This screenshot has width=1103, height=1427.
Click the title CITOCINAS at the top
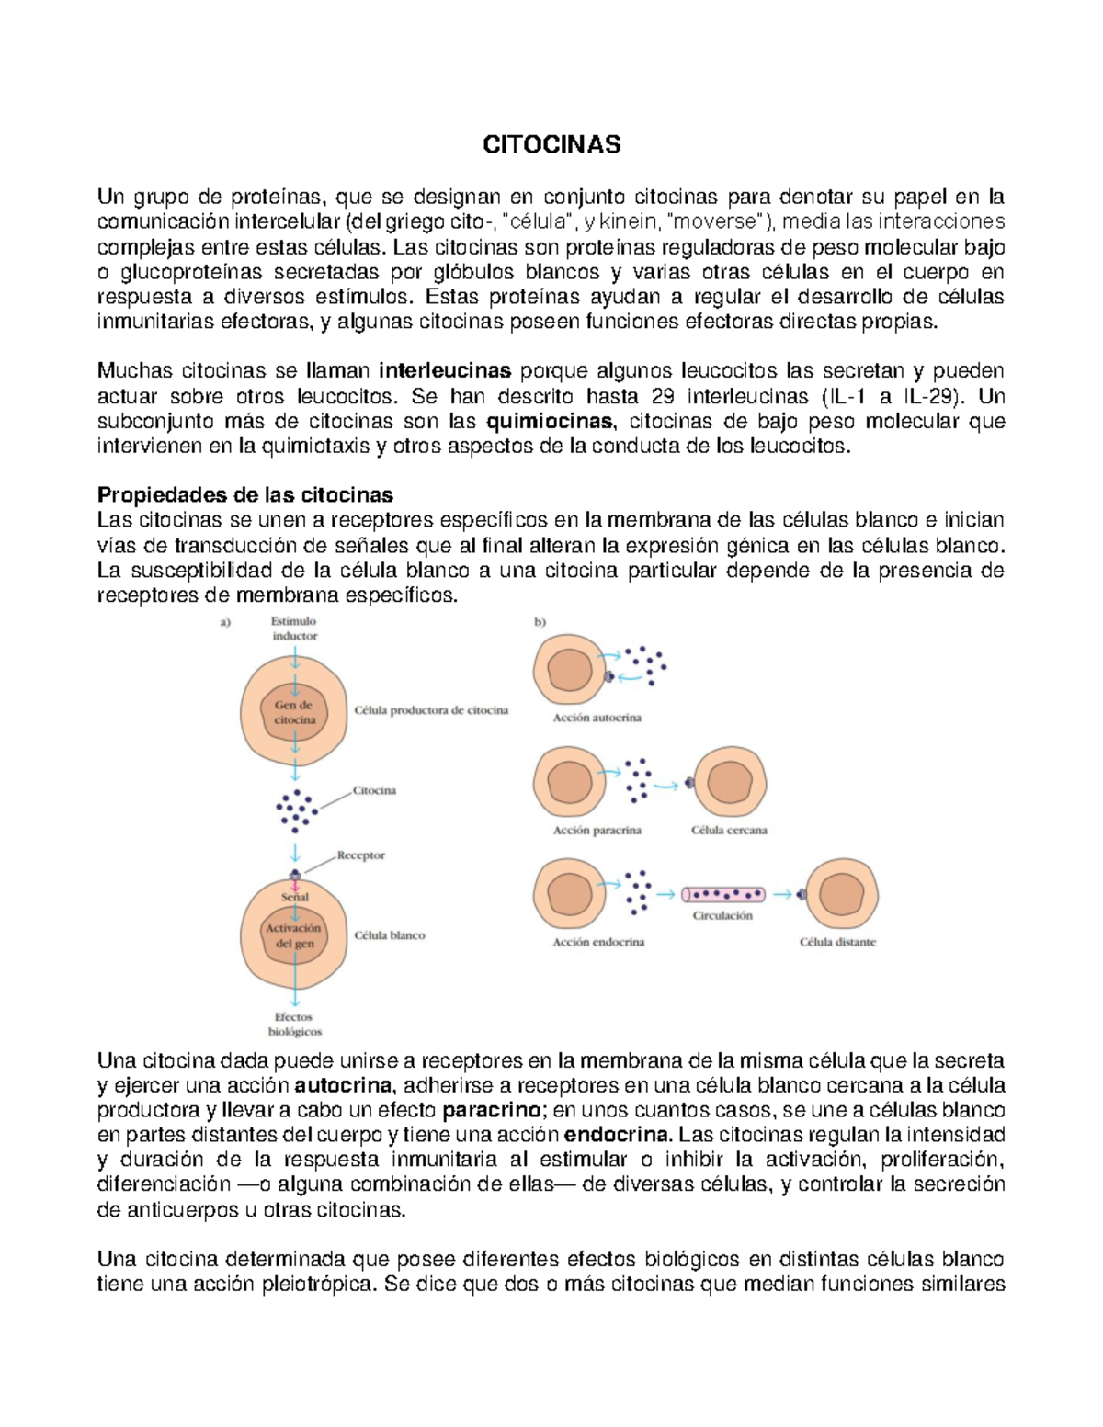(x=551, y=144)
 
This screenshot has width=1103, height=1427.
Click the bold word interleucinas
(x=445, y=371)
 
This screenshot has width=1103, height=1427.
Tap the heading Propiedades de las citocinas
(x=245, y=495)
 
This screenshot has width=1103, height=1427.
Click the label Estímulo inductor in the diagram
(x=294, y=629)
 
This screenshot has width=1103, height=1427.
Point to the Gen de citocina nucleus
(x=294, y=713)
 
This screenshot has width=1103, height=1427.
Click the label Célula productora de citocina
(x=431, y=710)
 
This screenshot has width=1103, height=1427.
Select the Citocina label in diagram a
(x=374, y=790)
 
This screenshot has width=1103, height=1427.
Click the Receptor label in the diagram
(x=360, y=855)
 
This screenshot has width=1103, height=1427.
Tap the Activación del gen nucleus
(x=294, y=935)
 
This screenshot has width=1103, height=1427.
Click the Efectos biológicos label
(x=294, y=1025)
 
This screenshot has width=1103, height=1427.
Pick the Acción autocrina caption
(x=597, y=718)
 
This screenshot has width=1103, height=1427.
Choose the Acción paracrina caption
(x=597, y=830)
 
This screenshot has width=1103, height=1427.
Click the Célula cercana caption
(x=729, y=830)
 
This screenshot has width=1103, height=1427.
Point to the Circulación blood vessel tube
(x=723, y=894)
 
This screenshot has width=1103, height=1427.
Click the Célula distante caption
(x=837, y=942)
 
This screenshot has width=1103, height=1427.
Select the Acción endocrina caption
(x=598, y=942)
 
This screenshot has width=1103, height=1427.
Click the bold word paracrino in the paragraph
(x=491, y=1110)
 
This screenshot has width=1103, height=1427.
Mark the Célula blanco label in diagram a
(x=390, y=935)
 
